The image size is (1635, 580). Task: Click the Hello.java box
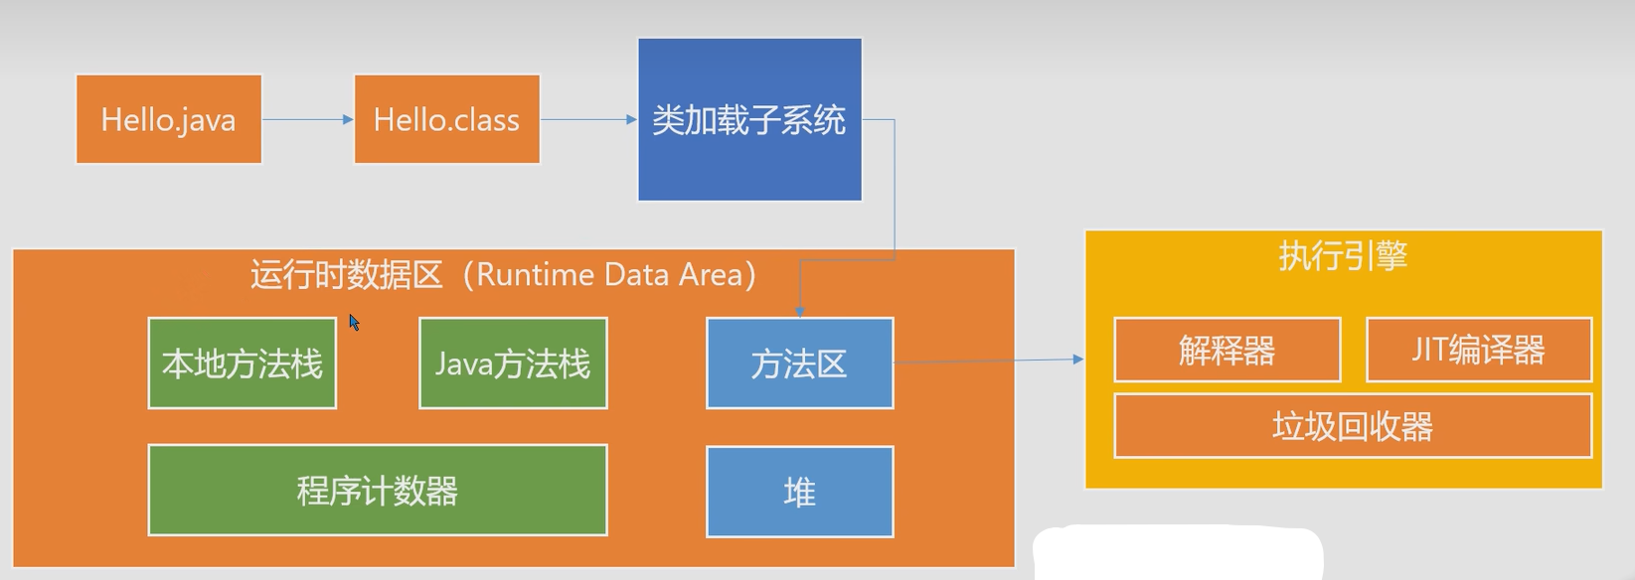click(169, 119)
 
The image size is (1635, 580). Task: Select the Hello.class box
click(447, 119)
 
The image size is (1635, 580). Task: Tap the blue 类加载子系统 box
click(749, 119)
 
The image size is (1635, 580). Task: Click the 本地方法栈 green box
click(243, 363)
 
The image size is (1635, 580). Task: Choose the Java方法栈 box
click(513, 363)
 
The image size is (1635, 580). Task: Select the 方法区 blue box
click(800, 363)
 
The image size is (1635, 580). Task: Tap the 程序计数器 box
click(378, 491)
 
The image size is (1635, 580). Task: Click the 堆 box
click(800, 492)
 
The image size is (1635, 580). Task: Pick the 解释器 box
click(1227, 350)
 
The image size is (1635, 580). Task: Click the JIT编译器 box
click(1479, 350)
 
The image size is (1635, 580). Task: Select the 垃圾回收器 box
click(1353, 426)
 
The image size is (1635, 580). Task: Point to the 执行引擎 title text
click(1343, 256)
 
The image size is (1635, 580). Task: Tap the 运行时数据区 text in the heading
click(346, 275)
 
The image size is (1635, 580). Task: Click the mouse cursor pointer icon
click(354, 322)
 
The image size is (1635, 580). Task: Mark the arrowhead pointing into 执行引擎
click(1078, 359)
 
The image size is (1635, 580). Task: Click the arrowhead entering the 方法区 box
click(800, 312)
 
